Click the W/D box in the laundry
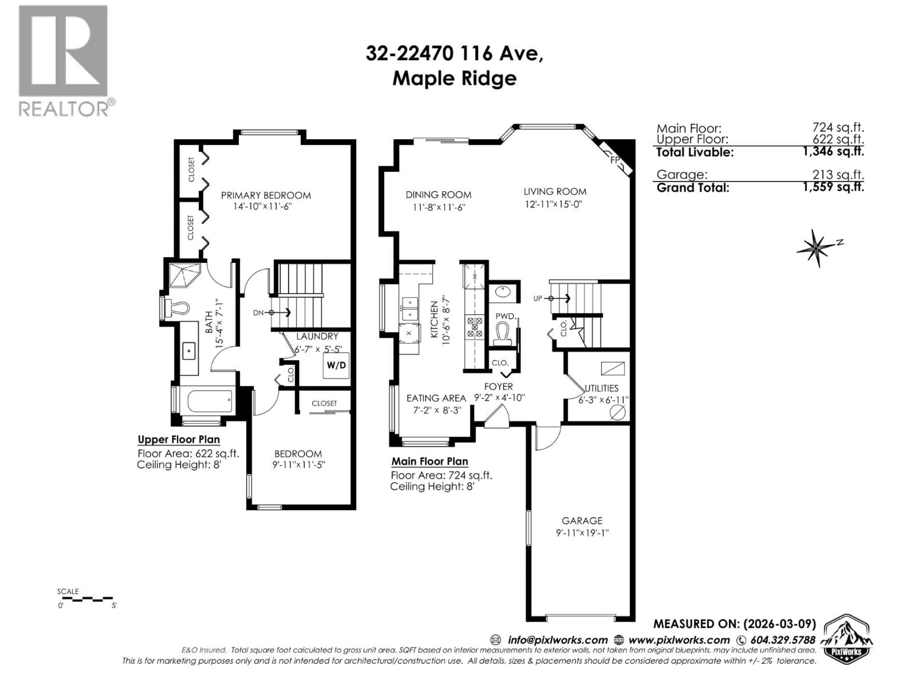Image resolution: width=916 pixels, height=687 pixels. [x=336, y=365]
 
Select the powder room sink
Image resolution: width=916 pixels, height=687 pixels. [x=502, y=292]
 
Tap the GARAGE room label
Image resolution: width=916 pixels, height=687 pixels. [x=582, y=520]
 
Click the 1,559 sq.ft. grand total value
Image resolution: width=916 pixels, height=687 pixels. [x=833, y=187]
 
